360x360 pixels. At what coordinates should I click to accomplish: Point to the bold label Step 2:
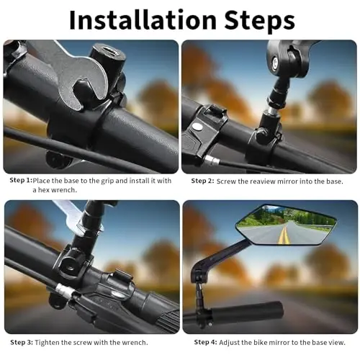(204, 180)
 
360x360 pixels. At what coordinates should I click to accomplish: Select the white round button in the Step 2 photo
(197, 127)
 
